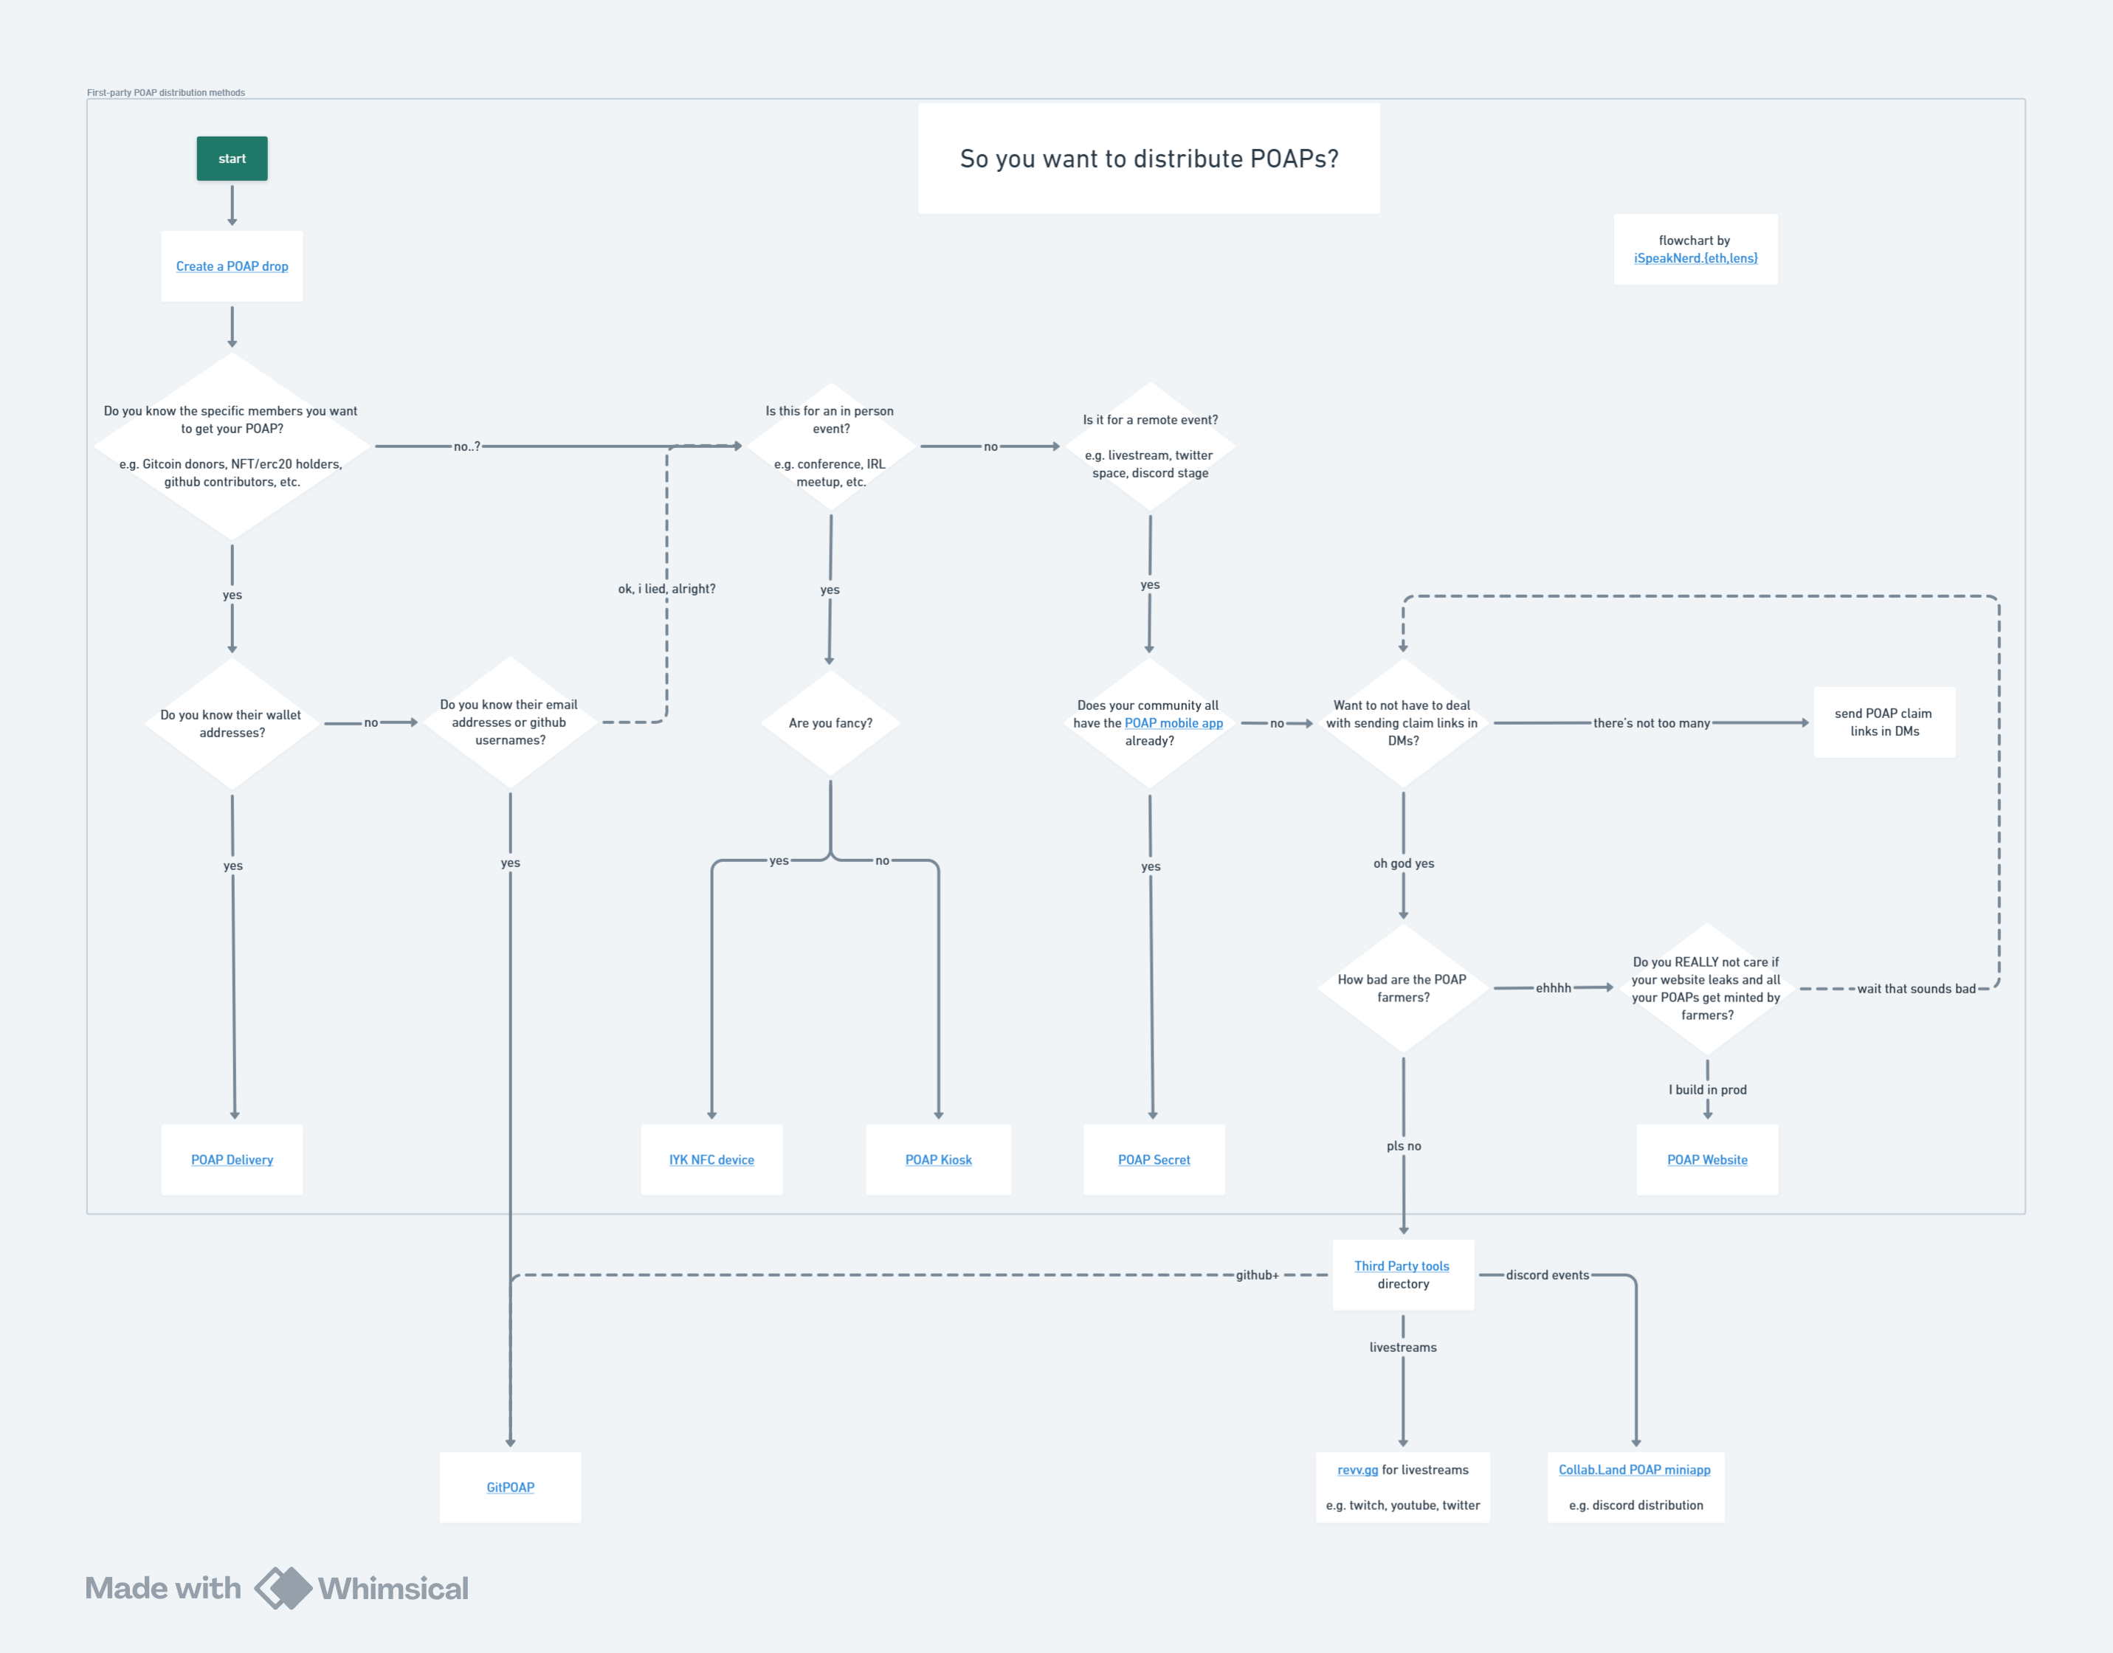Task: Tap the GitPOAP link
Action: click(x=510, y=1488)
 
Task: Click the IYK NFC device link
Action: click(x=711, y=1159)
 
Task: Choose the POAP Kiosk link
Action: click(x=938, y=1159)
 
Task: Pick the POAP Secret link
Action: click(x=1154, y=1159)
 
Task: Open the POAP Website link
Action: click(x=1706, y=1159)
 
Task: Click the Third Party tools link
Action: click(x=1402, y=1266)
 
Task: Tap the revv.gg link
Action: click(x=1357, y=1470)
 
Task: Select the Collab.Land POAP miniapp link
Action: click(x=1634, y=1470)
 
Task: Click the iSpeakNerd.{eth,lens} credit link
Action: click(x=1695, y=258)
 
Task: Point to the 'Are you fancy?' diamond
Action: click(x=830, y=723)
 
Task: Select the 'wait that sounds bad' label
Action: click(x=1915, y=988)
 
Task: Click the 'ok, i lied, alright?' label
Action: click(x=667, y=588)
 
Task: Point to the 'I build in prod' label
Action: click(x=1707, y=1090)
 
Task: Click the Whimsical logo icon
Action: click(x=283, y=1588)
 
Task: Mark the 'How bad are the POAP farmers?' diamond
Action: click(x=1402, y=988)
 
